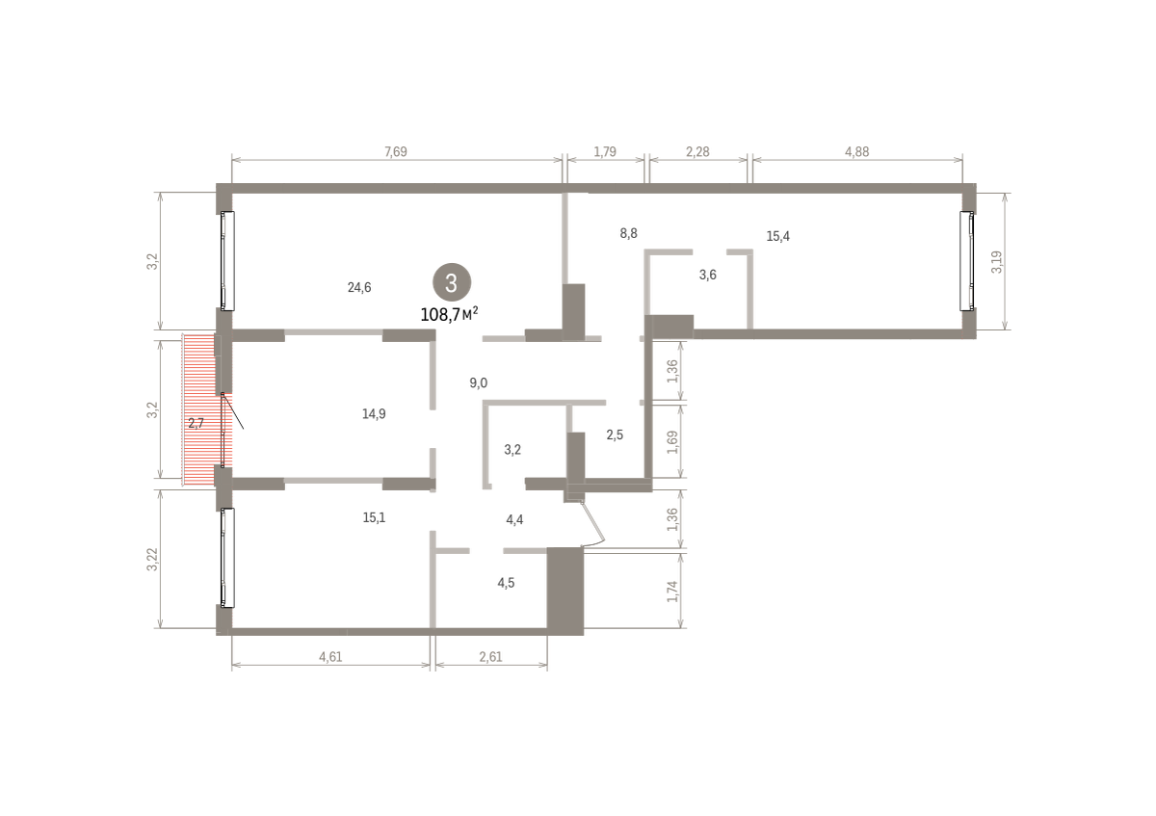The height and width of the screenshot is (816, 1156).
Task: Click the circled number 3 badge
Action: [452, 282]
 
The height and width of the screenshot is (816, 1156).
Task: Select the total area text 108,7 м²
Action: [449, 314]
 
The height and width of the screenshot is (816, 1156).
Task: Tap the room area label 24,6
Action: [359, 287]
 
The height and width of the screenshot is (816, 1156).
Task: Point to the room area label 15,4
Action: [777, 236]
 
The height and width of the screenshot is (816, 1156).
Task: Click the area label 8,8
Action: [628, 233]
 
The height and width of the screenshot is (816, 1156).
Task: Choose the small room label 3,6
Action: [707, 275]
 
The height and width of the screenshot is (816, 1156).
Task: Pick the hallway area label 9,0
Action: [479, 383]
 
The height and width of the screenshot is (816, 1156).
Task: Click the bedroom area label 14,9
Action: [374, 414]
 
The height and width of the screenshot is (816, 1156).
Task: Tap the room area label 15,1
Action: [374, 517]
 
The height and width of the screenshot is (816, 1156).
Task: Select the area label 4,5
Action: [506, 583]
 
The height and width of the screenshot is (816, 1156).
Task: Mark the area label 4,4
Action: [514, 519]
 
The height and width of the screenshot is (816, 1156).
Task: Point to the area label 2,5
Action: [615, 434]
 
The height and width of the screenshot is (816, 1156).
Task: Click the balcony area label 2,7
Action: [197, 423]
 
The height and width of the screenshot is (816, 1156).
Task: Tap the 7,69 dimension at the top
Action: [396, 152]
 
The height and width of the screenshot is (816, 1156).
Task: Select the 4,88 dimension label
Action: [856, 152]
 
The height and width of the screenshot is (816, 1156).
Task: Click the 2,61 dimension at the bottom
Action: [490, 656]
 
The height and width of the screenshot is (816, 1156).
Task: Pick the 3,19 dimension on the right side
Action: [996, 262]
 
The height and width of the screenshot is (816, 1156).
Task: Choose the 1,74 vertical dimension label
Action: [672, 591]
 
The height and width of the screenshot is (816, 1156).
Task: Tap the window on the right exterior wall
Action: [967, 261]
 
